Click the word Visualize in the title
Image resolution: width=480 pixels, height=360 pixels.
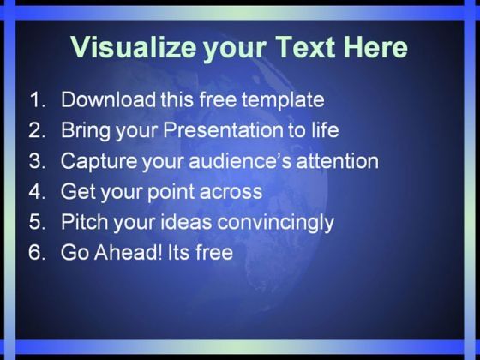(133, 47)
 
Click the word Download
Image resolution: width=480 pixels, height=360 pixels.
(108, 99)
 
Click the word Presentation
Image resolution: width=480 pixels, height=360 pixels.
(223, 129)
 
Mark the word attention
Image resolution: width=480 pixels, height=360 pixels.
(338, 160)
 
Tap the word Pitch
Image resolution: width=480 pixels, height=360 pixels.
(84, 222)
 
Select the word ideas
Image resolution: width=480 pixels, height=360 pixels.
(186, 222)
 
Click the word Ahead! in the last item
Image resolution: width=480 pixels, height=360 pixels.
(129, 252)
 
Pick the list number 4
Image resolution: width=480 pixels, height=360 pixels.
(37, 191)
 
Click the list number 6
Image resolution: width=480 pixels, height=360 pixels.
(37, 252)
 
